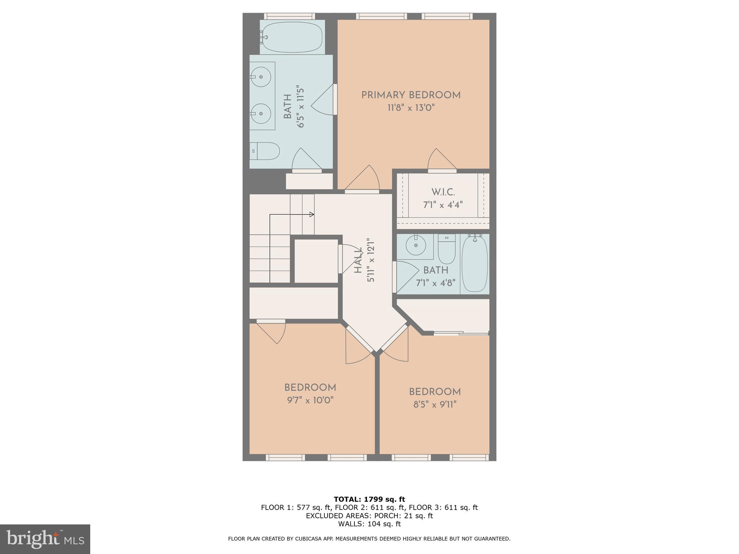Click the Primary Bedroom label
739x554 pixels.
(411, 95)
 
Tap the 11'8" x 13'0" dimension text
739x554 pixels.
(411, 107)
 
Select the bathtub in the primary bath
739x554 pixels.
(292, 37)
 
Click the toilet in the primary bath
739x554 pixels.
(265, 151)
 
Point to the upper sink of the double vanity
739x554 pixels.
(261, 77)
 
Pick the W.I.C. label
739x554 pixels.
(443, 192)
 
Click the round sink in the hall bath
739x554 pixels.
(416, 245)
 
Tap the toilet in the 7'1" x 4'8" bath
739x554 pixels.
(447, 249)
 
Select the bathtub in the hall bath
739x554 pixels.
(475, 263)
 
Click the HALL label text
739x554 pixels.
(358, 260)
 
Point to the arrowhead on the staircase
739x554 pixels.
(312, 215)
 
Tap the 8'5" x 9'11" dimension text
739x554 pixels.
(435, 404)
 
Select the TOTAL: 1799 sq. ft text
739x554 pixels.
(369, 499)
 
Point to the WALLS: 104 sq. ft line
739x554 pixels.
(369, 524)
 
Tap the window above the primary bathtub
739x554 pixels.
(289, 16)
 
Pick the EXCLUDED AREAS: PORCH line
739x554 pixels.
(369, 515)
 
